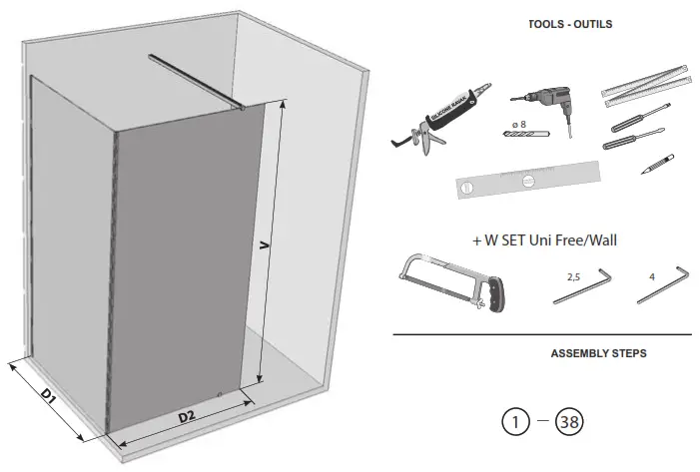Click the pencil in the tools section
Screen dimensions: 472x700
click(x=656, y=163)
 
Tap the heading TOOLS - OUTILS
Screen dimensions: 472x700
click(x=570, y=24)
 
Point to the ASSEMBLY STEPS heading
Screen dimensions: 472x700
click(x=598, y=353)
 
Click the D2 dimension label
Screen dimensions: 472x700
click(x=186, y=415)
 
